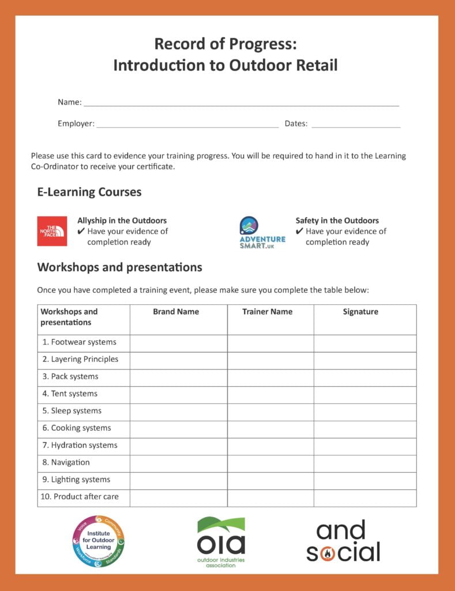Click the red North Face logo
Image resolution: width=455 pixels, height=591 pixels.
point(52,231)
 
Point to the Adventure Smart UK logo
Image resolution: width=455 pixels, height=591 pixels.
point(262,233)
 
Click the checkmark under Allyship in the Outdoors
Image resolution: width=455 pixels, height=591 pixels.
point(81,231)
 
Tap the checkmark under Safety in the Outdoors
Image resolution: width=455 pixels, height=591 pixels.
point(299,231)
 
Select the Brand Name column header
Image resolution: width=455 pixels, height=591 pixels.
point(176,312)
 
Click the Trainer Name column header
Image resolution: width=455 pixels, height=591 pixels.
point(267,312)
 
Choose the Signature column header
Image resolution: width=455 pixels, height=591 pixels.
point(360,312)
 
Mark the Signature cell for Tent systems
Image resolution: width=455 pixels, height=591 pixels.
point(365,395)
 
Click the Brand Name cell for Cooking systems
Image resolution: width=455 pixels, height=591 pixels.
point(178,429)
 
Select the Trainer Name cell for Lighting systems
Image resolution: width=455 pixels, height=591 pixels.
point(270,480)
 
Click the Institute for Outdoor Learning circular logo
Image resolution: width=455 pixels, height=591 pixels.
point(98,541)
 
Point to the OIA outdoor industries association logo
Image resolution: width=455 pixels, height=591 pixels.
point(221,541)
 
